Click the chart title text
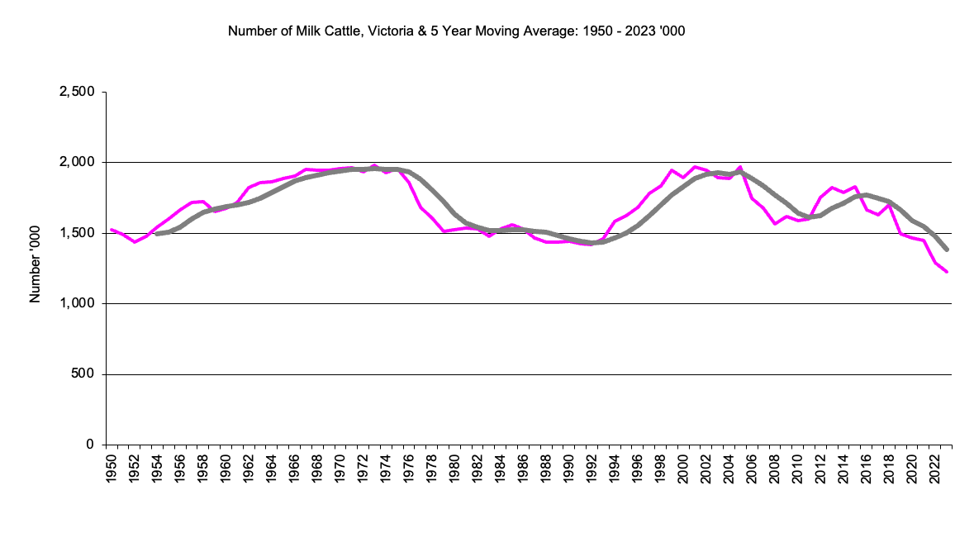point(456,32)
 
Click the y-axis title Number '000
point(36,268)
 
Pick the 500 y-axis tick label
point(84,374)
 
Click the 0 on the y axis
point(90,445)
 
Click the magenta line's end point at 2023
point(947,272)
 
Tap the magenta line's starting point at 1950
point(112,230)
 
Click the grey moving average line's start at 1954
point(157,234)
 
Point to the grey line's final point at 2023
point(947,250)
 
